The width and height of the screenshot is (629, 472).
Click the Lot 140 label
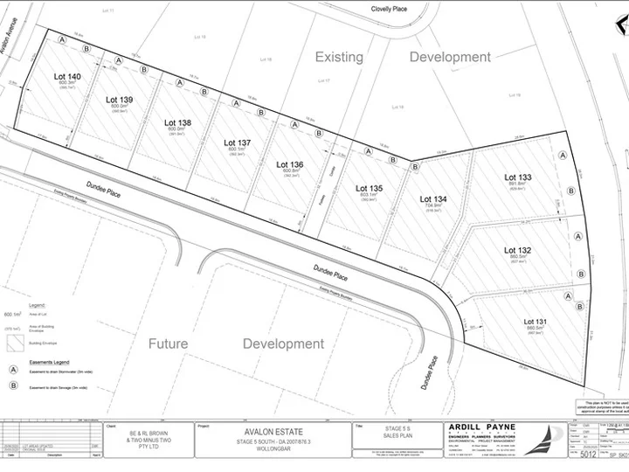[67, 77]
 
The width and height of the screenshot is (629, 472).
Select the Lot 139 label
[119, 100]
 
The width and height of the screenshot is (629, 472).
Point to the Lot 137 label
[237, 142]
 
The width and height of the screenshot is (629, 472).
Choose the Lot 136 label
[290, 164]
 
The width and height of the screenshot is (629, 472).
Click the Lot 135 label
[369, 188]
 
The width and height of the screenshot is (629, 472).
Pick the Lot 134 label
[434, 199]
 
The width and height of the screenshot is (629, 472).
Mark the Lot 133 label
[518, 177]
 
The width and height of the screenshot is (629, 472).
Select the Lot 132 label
[518, 251]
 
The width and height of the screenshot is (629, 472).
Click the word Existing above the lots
[339, 57]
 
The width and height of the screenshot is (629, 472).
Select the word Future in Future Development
[168, 344]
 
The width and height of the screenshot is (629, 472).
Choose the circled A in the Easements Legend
[14, 370]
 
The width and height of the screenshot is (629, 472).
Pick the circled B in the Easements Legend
[14, 385]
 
